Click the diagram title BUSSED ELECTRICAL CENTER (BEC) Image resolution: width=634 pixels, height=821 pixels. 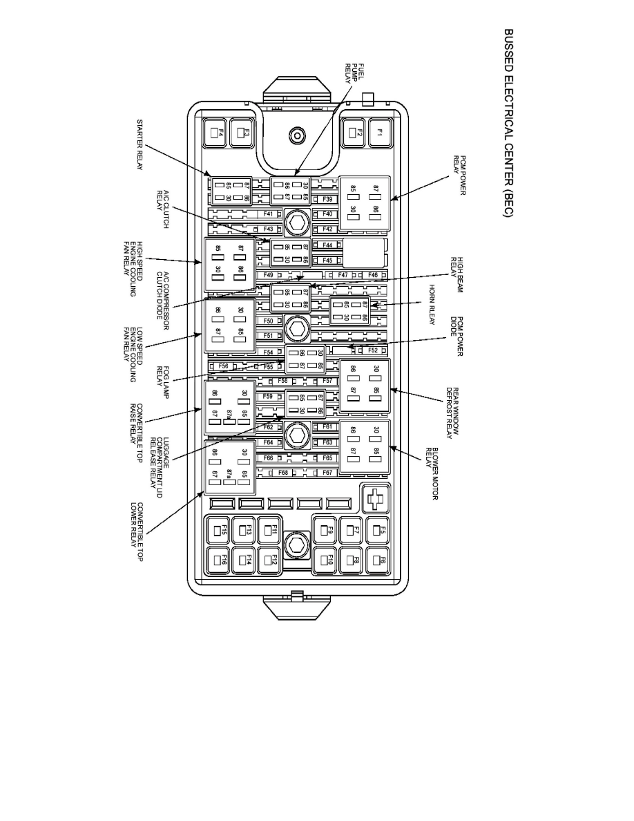pyautogui.click(x=508, y=124)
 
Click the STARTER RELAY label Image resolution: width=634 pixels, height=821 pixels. pyautogui.click(x=140, y=144)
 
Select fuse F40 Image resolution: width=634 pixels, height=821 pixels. pyautogui.click(x=327, y=214)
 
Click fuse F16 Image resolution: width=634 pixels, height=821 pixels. pyautogui.click(x=218, y=560)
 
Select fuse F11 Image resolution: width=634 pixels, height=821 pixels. pyautogui.click(x=270, y=531)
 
